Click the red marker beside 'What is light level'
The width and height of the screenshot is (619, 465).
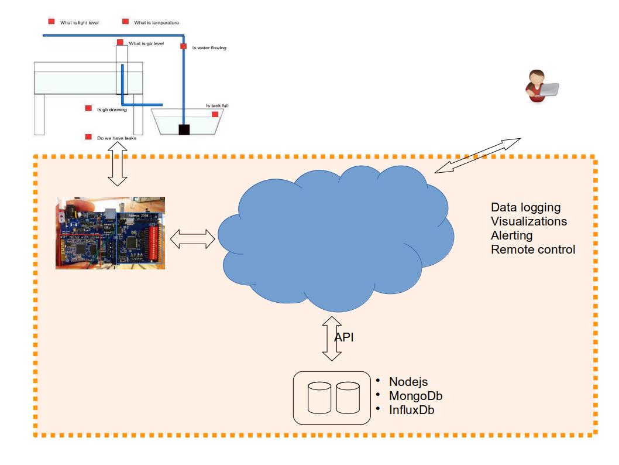[51, 22]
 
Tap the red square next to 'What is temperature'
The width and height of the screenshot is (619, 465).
[125, 22]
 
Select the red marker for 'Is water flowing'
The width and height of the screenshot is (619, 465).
[183, 46]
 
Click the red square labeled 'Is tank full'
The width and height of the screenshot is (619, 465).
[215, 114]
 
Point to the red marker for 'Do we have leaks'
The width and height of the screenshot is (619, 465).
[88, 137]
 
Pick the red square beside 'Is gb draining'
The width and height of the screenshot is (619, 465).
[88, 108]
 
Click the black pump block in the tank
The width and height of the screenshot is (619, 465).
[184, 129]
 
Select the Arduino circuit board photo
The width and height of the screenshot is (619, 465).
[110, 233]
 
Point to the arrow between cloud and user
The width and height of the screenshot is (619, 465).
[477, 156]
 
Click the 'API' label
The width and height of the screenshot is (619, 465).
[344, 337]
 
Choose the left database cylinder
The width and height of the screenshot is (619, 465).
[320, 398]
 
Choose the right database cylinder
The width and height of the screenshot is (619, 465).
[348, 398]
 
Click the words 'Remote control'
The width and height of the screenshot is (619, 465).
[533, 249]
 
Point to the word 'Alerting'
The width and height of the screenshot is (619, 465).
[511, 235]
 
